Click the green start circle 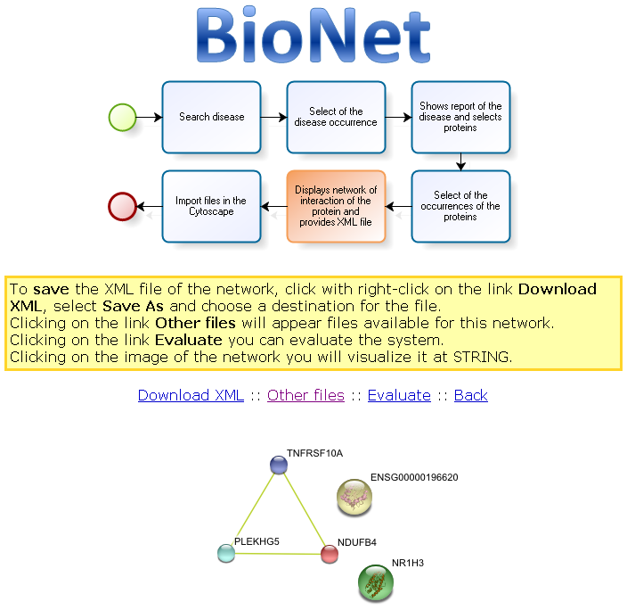pyautogui.click(x=122, y=117)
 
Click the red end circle pyautogui.click(x=122, y=206)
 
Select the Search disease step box pyautogui.click(x=211, y=117)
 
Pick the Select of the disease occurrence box pyautogui.click(x=336, y=117)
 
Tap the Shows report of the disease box pyautogui.click(x=460, y=117)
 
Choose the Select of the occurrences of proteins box pyautogui.click(x=460, y=206)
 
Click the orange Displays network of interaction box pyautogui.click(x=336, y=206)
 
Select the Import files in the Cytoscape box pyautogui.click(x=211, y=206)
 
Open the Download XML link pyautogui.click(x=191, y=395)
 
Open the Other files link pyautogui.click(x=305, y=395)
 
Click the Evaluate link pyautogui.click(x=399, y=395)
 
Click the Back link pyautogui.click(x=471, y=395)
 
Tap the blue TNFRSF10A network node pyautogui.click(x=279, y=465)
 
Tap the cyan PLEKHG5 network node pyautogui.click(x=226, y=553)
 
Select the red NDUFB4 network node pyautogui.click(x=330, y=554)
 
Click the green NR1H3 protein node pyautogui.click(x=376, y=582)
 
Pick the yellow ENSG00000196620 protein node pyautogui.click(x=354, y=497)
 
